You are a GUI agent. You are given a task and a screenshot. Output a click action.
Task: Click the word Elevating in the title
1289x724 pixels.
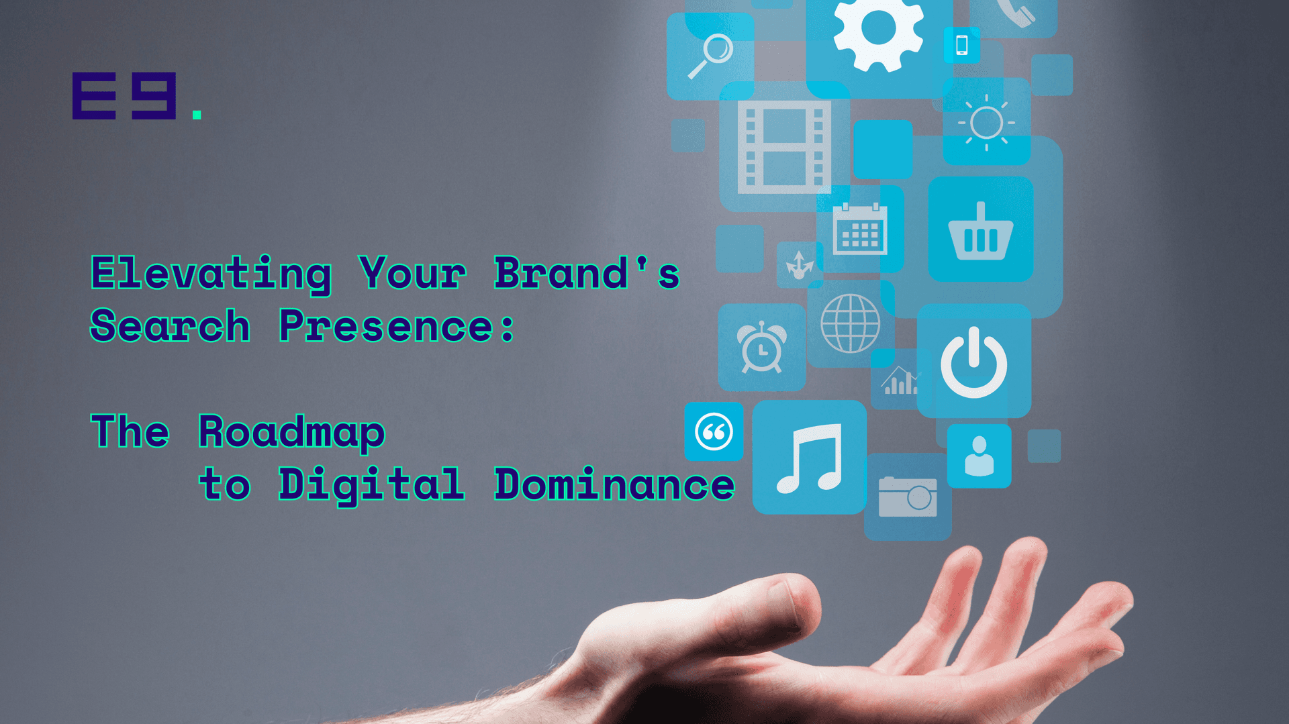pyautogui.click(x=211, y=274)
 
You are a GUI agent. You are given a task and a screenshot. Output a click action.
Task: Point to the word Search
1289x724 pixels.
pyautogui.click(x=171, y=326)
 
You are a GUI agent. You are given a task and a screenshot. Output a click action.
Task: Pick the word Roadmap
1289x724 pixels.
pyautogui.click(x=292, y=433)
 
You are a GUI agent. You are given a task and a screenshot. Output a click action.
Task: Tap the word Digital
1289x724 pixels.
pyautogui.click(x=372, y=485)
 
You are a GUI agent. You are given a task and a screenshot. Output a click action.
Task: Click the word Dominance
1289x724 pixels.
pyautogui.click(x=615, y=484)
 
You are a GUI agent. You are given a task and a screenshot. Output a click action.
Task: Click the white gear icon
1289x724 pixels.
pyautogui.click(x=878, y=30)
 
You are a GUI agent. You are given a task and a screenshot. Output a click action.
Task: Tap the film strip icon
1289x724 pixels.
pyautogui.click(x=784, y=147)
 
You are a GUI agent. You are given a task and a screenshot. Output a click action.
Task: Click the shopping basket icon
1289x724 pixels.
pyautogui.click(x=981, y=231)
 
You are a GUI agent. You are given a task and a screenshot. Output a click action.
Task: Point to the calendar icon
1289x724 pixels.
pyautogui.click(x=860, y=229)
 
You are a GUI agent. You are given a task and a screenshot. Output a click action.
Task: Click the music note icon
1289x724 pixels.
pyautogui.click(x=809, y=458)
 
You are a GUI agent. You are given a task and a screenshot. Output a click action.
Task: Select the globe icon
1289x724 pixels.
pyautogui.click(x=851, y=323)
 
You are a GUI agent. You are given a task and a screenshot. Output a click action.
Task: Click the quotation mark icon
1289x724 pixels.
pyautogui.click(x=714, y=431)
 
